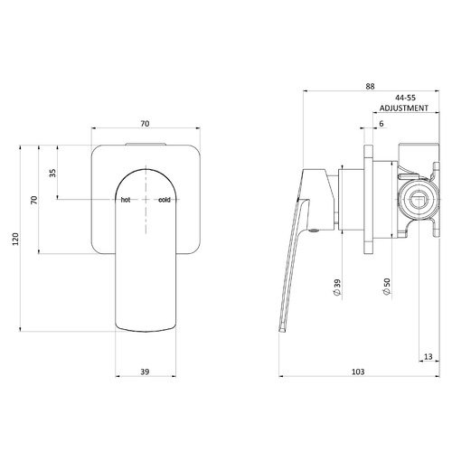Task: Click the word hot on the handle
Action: tap(126, 200)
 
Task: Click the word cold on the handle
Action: tap(165, 200)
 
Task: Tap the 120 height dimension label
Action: tap(15, 239)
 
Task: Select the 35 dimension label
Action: tap(52, 173)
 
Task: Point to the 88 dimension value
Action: tap(370, 86)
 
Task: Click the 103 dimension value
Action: tap(358, 372)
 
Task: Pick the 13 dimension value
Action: tap(428, 357)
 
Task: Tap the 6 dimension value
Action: tap(381, 124)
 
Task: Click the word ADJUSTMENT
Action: tap(404, 108)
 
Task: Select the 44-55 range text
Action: tap(405, 98)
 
